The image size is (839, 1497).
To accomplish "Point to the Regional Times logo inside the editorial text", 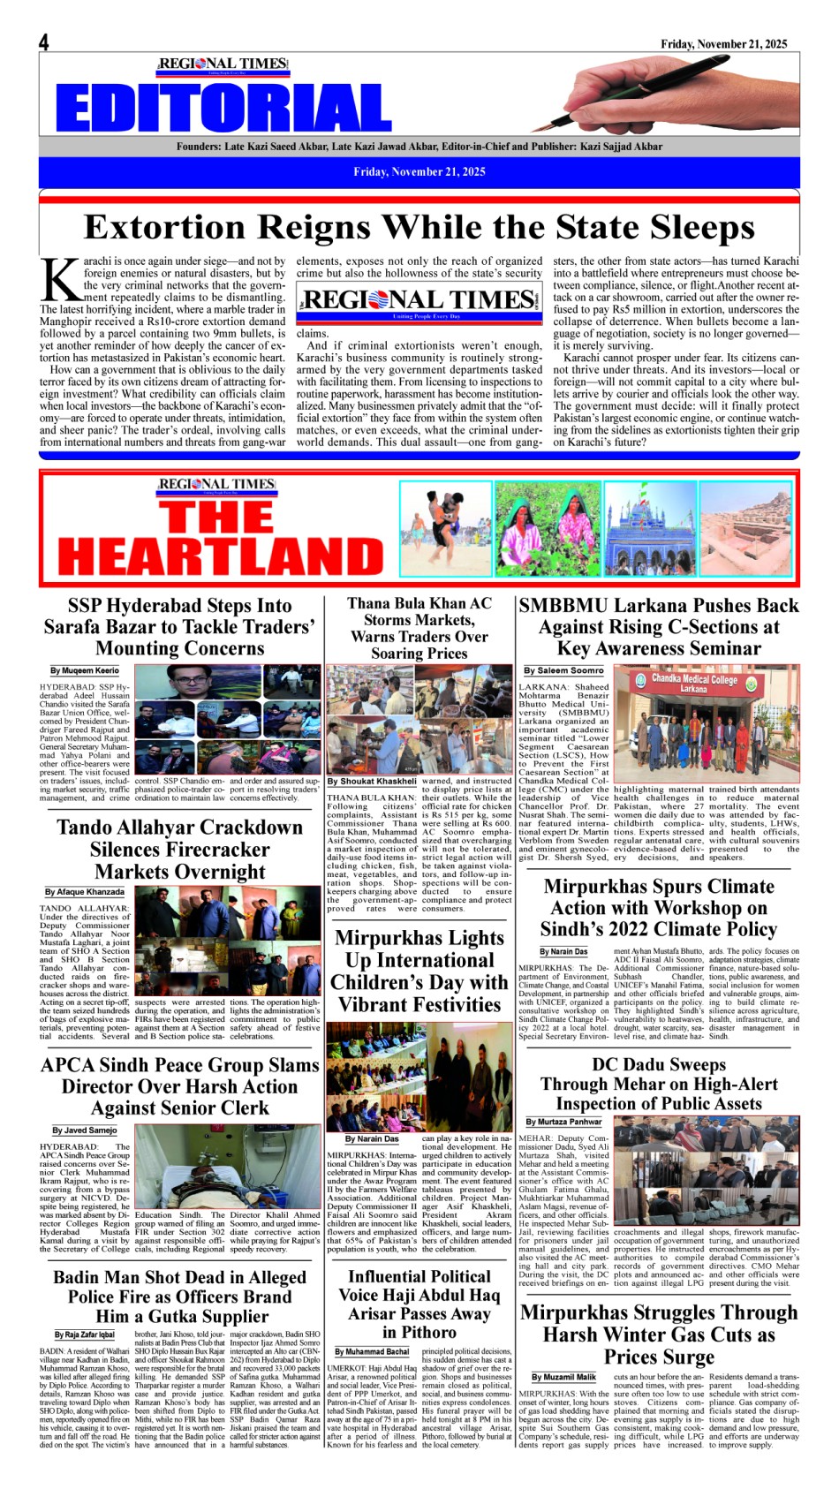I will pyautogui.click(x=419, y=301).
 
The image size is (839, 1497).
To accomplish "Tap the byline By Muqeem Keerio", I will pyautogui.click(x=85, y=670).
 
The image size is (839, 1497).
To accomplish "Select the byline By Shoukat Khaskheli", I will pyautogui.click(x=372, y=781).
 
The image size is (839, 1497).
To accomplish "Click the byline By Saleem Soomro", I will pyautogui.click(x=563, y=670).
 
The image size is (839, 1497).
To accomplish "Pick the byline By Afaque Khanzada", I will pyautogui.click(x=85, y=892).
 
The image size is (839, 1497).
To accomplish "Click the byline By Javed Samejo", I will pyautogui.click(x=84, y=1130).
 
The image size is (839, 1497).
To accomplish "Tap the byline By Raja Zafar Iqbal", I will pyautogui.click(x=85, y=1334).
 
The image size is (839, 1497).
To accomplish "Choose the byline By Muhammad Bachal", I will pyautogui.click(x=372, y=1351).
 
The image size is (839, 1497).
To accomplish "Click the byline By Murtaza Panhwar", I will pyautogui.click(x=563, y=1122).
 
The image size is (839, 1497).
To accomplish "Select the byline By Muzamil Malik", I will pyautogui.click(x=563, y=1377).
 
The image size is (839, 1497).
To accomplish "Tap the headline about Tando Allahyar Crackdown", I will pyautogui.click(x=180, y=850).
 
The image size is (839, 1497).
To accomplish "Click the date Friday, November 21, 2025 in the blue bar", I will pyautogui.click(x=419, y=172).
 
